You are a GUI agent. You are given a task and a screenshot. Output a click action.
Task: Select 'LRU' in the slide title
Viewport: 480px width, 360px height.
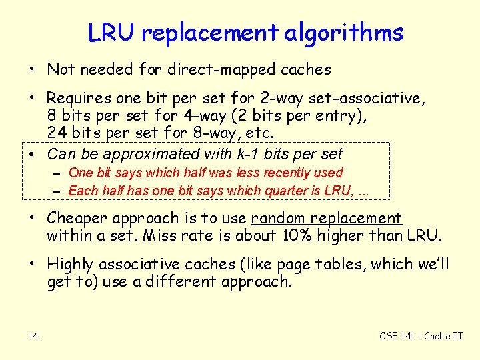click(111, 33)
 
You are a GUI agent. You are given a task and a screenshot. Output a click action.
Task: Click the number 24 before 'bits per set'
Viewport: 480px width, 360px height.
click(56, 133)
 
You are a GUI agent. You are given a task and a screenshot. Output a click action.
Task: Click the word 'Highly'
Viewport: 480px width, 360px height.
click(69, 264)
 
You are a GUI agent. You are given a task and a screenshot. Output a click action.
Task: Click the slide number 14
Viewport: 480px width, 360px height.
click(33, 335)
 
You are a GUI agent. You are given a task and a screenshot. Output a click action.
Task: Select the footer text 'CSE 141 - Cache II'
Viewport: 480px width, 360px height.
click(421, 335)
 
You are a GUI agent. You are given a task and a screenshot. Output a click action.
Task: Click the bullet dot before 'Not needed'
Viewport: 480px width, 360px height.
click(31, 69)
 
